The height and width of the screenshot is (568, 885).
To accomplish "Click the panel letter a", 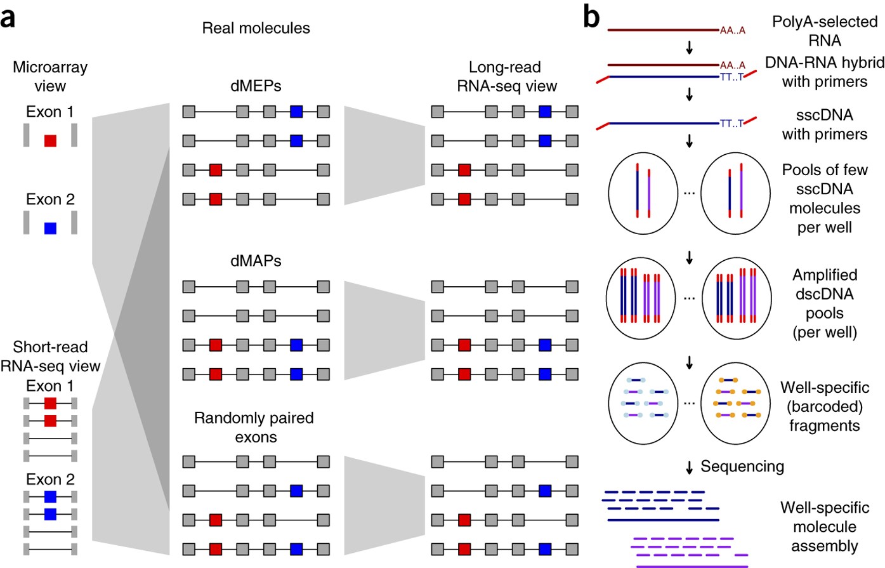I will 8,19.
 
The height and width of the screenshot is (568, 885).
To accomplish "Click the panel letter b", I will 591,18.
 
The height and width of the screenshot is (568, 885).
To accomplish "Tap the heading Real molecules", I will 256,28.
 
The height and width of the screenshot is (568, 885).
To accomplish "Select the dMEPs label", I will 256,86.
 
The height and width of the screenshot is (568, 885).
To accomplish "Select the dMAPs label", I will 256,261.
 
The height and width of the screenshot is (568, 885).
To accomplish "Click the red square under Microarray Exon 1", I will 50,140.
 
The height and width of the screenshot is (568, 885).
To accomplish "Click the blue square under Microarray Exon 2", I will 50,228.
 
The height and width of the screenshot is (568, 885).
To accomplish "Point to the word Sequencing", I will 742,466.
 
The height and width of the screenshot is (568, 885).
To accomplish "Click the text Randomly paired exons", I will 254,428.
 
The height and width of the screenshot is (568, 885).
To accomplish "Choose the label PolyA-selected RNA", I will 825,31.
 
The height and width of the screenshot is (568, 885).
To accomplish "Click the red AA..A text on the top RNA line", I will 733,30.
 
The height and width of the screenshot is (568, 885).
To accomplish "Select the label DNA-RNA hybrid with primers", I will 825,72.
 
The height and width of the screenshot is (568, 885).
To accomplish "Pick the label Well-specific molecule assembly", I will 825,527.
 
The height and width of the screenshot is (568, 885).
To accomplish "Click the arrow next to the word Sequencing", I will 690,468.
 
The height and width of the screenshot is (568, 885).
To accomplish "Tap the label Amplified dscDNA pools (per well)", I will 825,303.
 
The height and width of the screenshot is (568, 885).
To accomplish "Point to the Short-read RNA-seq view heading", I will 50,356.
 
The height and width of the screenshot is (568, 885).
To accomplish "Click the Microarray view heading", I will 50,76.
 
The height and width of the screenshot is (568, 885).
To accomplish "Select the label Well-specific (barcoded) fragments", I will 825,406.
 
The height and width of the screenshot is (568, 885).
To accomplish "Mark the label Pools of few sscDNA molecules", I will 825,198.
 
